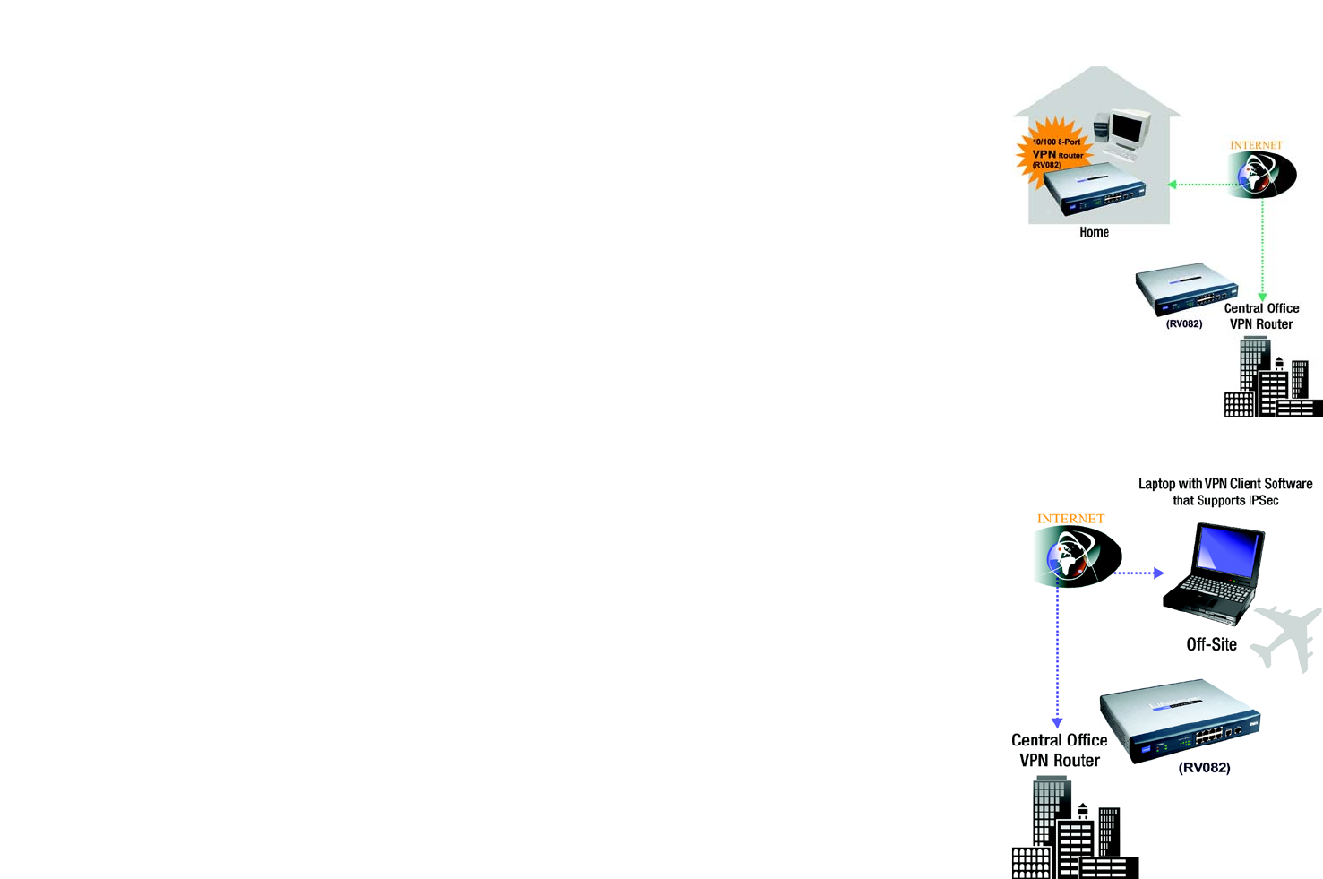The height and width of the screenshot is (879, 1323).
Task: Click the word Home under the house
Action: coord(1094,232)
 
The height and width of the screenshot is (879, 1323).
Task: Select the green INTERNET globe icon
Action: coord(1262,174)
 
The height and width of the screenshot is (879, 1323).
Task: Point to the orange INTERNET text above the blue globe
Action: coord(1070,519)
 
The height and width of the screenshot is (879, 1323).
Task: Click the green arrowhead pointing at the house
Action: coord(1173,185)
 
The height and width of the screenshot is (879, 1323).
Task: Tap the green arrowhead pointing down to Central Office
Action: coord(1262,297)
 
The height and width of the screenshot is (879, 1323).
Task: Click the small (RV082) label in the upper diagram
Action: coord(1184,324)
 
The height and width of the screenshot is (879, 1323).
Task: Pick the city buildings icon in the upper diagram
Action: coord(1272,381)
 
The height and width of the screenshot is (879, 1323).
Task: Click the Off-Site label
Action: coord(1211,644)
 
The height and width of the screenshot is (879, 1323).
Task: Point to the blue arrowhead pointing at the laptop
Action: coord(1158,573)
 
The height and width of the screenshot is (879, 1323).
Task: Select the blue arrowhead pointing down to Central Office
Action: coord(1057,722)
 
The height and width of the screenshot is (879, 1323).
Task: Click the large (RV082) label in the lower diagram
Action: coord(1204,768)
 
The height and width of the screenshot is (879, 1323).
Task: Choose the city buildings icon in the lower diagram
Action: coord(1075,831)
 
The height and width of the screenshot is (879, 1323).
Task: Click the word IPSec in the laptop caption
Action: coord(1263,501)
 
